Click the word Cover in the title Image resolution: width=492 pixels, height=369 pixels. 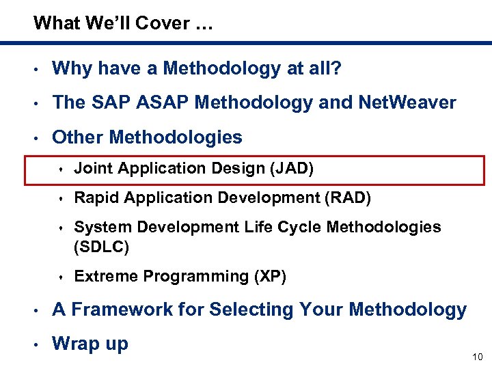(161, 23)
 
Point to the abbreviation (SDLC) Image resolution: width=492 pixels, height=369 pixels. (100, 246)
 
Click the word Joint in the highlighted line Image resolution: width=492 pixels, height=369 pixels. (91, 169)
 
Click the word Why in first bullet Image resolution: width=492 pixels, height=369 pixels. (70, 68)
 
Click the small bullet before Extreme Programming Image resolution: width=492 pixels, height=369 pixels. (61, 277)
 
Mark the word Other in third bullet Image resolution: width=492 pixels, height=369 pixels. (77, 137)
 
